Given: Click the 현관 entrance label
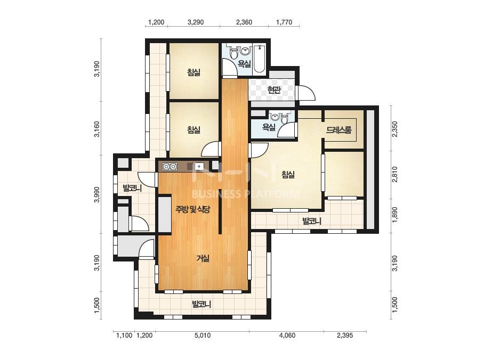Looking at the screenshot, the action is point(273,91).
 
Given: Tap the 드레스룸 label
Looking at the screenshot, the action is point(339,129).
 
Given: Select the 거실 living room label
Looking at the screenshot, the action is point(203,258).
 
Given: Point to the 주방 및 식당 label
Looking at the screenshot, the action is point(192,209).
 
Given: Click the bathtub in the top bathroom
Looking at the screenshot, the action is point(259,59).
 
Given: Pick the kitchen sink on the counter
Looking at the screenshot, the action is point(199,167).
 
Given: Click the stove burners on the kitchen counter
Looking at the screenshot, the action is point(170,167).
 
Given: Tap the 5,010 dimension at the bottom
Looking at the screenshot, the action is point(203,336).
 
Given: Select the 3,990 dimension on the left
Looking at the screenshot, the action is point(97,194).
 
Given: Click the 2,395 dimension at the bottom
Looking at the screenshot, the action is point(345,336).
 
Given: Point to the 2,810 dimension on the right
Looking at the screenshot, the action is point(395,174).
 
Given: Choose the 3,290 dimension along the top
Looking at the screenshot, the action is point(196,22).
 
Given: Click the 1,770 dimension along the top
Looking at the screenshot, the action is point(284,22).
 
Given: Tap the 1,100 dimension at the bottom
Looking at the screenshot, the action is point(124,336).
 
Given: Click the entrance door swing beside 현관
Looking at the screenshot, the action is point(307,93).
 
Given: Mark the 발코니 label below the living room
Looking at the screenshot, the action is point(201,304).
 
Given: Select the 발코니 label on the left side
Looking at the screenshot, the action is point(132,188).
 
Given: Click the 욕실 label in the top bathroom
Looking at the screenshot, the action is point(244,64).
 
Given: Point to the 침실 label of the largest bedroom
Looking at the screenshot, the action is point(288,174).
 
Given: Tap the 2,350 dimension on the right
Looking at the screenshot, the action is point(395,129).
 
